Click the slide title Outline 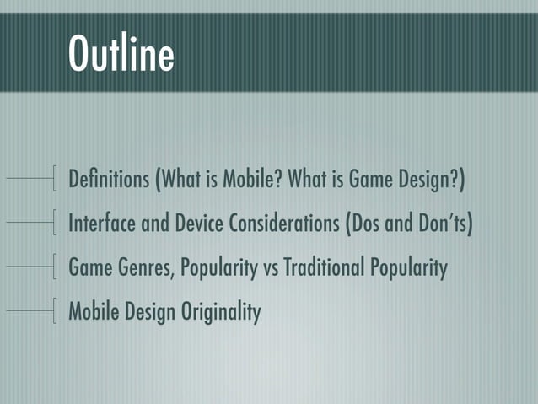[x=121, y=54]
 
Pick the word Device [x=201, y=224]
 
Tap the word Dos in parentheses [x=368, y=224]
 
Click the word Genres [x=136, y=268]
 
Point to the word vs [x=271, y=269]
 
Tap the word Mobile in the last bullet [x=92, y=312]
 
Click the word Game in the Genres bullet [x=87, y=268]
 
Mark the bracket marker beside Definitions [x=54, y=179]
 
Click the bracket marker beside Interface [x=54, y=224]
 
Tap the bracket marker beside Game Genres [x=54, y=267]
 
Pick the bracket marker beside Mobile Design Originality [x=54, y=311]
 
